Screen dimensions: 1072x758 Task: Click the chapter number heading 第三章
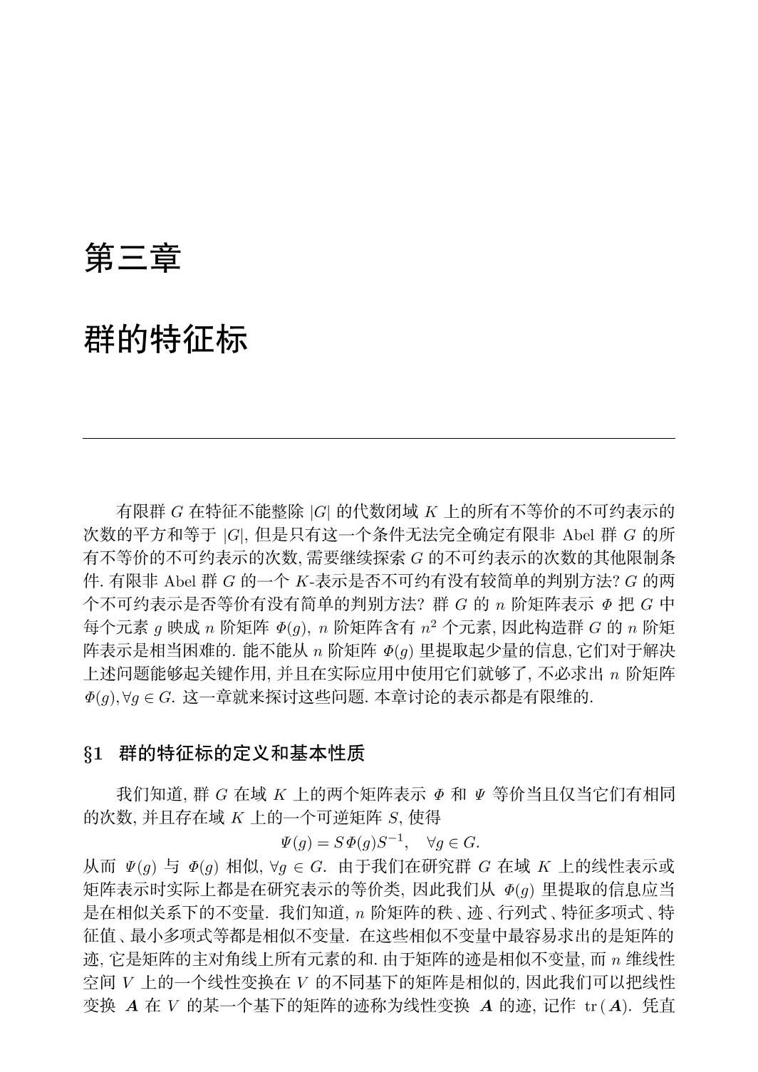pyautogui.click(x=133, y=258)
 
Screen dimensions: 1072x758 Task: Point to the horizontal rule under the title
pyautogui.click(x=378, y=439)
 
